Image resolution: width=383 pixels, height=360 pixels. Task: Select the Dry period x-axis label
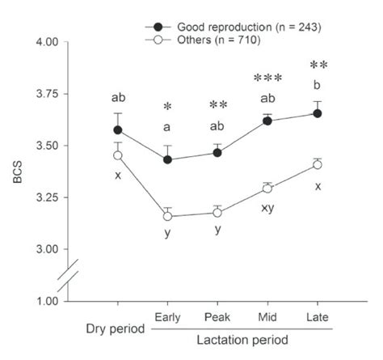tap(117, 328)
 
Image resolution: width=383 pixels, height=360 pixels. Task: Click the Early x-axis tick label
tap(167, 318)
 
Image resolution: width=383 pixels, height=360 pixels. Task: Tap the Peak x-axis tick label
tap(217, 318)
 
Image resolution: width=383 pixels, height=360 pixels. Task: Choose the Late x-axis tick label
tap(318, 318)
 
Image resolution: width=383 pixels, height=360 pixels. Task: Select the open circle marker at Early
tap(167, 217)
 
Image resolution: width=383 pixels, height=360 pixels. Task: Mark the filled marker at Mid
tap(267, 121)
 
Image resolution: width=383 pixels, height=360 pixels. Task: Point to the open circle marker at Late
tap(318, 164)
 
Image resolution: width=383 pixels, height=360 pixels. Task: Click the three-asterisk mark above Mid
tap(267, 78)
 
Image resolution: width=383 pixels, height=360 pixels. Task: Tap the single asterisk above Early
tap(167, 108)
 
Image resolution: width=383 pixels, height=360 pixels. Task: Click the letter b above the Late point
tap(318, 84)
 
